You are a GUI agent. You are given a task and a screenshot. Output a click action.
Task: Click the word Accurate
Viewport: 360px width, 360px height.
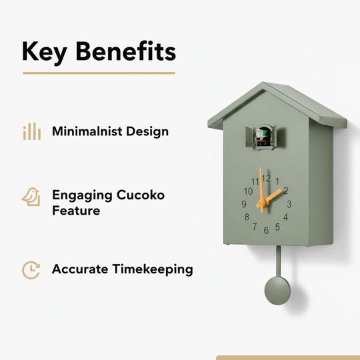tap(76, 269)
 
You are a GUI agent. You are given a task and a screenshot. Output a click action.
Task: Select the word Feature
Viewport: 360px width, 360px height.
tap(76, 211)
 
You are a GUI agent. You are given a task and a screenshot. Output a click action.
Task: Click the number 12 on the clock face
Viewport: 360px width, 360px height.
tap(266, 178)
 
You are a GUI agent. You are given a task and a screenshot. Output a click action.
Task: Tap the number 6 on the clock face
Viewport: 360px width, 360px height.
tap(266, 231)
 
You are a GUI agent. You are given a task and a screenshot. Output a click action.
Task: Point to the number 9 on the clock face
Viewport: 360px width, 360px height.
tap(244, 204)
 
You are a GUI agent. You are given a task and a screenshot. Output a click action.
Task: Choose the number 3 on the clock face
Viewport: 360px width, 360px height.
tap(288, 204)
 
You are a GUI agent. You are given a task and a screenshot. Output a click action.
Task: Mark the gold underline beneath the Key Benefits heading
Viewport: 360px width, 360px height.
tap(99, 73)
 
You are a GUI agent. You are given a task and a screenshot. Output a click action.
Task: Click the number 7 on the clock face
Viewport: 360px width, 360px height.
tap(254, 227)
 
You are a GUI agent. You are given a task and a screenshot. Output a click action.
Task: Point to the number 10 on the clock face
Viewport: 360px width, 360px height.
tap(248, 191)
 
